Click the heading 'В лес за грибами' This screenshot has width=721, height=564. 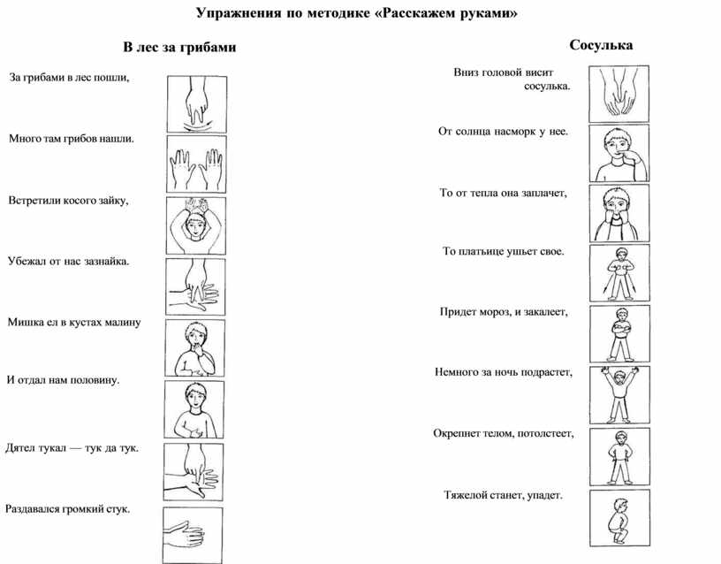point(179,45)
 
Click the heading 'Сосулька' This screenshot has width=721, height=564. point(601,43)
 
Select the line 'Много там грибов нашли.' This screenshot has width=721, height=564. point(72,139)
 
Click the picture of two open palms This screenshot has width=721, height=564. point(194,162)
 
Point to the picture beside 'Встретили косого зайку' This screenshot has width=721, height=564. point(194,225)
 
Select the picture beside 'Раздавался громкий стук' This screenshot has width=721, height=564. point(194,534)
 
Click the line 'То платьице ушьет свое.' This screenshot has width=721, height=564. point(503,252)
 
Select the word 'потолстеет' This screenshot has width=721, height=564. point(549,433)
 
